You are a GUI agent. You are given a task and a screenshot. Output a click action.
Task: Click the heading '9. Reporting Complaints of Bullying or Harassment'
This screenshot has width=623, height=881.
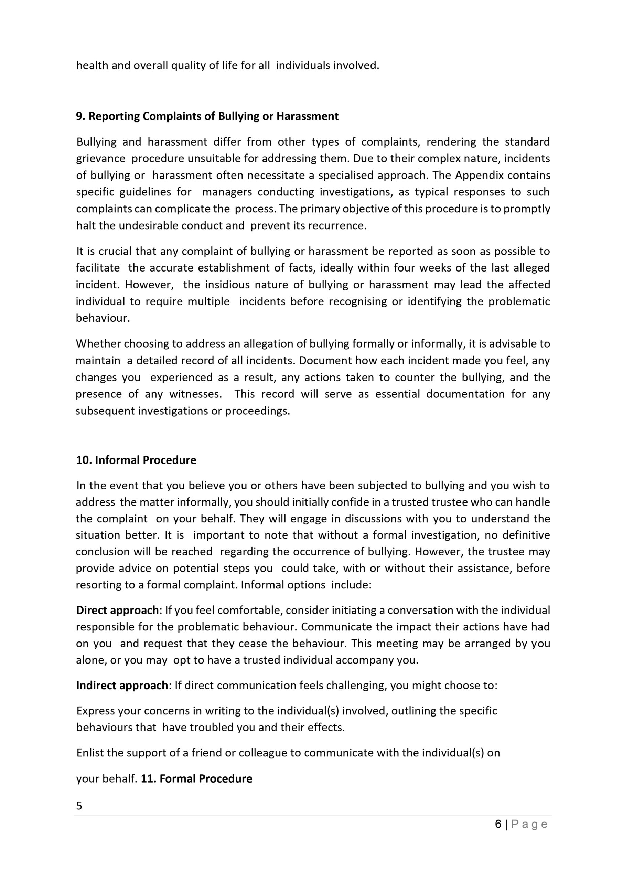click(x=207, y=116)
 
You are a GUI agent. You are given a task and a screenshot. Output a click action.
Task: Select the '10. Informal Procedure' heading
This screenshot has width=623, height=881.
click(x=136, y=460)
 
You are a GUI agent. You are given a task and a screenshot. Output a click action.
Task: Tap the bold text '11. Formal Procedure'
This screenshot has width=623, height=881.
click(x=196, y=778)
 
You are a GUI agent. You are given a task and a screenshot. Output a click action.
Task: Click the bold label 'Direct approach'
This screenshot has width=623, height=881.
click(x=117, y=610)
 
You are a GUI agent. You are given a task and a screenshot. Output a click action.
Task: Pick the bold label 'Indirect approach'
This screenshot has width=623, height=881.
click(x=122, y=685)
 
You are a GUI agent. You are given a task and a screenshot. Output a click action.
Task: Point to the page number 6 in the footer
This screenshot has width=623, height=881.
click(x=498, y=824)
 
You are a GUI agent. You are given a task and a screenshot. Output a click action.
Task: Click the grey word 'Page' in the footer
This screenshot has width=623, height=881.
click(x=529, y=824)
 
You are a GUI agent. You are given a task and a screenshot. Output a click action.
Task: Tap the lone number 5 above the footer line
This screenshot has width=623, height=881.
click(x=79, y=805)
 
